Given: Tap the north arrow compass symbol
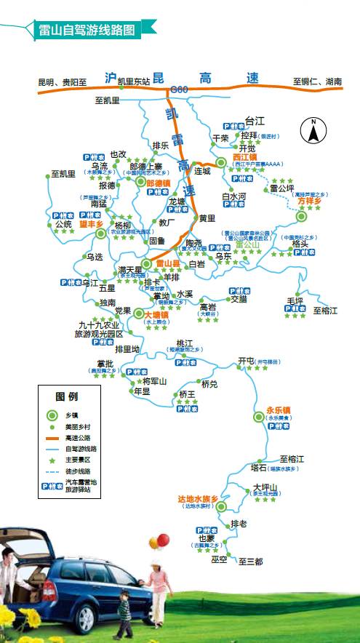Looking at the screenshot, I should pyautogui.click(x=313, y=131).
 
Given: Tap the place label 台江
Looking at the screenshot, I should pyautogui.click(x=255, y=120).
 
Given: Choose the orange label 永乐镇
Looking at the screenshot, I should pyautogui.click(x=279, y=410).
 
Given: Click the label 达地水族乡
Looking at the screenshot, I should pyautogui.click(x=198, y=498).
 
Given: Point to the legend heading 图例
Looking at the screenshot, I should pyautogui.click(x=67, y=396).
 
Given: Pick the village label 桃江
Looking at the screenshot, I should pyautogui.click(x=184, y=343).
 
